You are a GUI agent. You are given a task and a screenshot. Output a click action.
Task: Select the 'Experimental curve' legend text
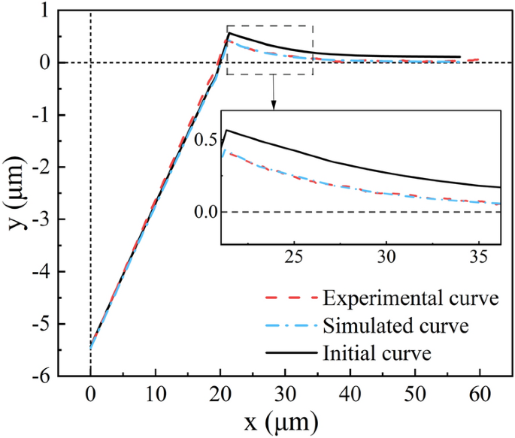coord(411,299)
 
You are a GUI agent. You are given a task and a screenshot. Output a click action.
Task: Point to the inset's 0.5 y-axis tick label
coord(204,140)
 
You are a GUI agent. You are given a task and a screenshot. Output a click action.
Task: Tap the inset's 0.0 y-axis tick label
coord(204,212)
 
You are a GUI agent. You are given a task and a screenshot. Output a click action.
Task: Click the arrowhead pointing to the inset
coord(274,105)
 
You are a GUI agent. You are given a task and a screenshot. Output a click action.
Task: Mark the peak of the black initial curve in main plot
coord(228,33)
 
